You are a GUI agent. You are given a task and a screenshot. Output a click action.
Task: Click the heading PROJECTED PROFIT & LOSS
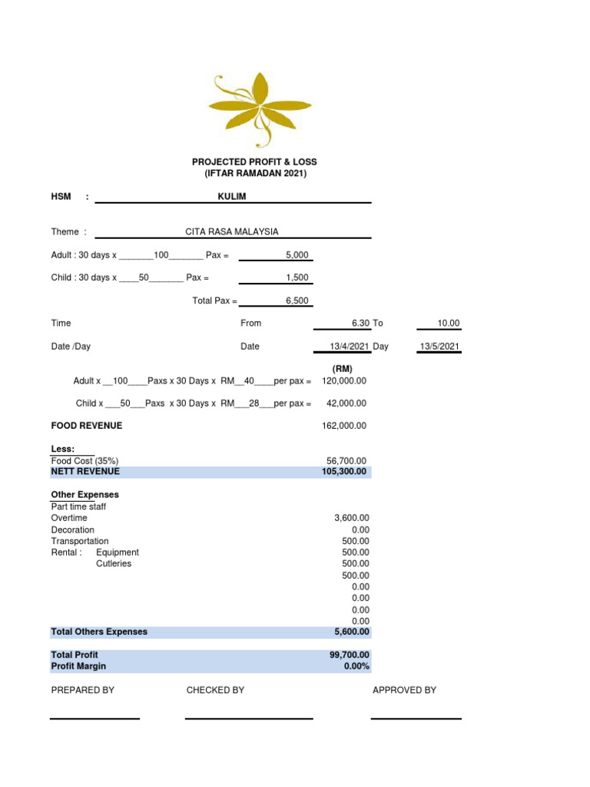coord(254,162)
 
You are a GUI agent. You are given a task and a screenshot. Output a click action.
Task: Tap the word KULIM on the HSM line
coord(233,197)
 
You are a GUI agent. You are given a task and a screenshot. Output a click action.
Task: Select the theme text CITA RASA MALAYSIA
coord(232,231)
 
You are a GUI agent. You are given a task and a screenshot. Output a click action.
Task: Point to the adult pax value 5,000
coord(297,254)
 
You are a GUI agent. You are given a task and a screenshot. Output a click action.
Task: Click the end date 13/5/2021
coord(439,347)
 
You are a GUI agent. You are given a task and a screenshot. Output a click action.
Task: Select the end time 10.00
coord(449,324)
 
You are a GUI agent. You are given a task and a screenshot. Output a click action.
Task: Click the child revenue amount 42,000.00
coord(346,403)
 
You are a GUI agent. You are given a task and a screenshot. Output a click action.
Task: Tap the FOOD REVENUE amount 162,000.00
coord(343,425)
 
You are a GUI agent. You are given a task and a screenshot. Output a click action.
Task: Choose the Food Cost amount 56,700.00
coord(346,461)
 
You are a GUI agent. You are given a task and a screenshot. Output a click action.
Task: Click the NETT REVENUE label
coord(85,472)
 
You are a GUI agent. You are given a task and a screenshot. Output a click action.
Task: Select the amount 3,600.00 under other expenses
coord(351,518)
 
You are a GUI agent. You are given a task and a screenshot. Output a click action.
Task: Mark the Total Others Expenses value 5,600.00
coord(351,632)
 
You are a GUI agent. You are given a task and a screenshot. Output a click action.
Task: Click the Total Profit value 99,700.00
coord(349,655)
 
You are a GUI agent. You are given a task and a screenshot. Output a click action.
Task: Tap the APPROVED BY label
coord(404,690)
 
